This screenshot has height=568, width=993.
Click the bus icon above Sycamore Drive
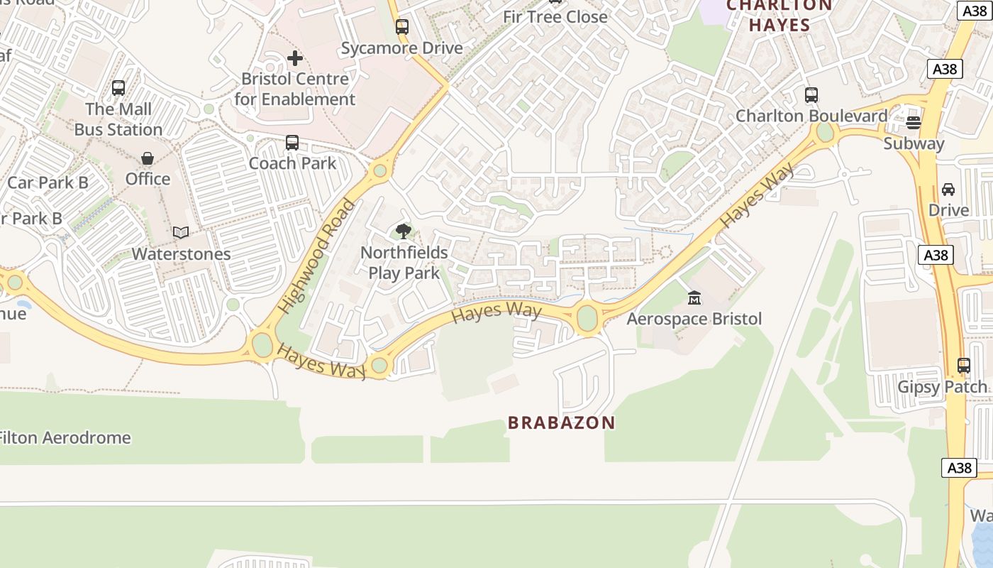[x=402, y=27]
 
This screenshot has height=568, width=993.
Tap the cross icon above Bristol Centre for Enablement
[x=295, y=58]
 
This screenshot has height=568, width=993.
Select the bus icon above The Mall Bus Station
[x=118, y=88]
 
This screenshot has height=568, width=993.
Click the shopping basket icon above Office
[x=148, y=158]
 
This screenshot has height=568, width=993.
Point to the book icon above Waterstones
[x=182, y=232]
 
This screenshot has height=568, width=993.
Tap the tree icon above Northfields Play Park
[x=404, y=231]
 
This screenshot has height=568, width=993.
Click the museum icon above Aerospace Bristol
[x=694, y=297]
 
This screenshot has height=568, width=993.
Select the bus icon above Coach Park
[x=292, y=142]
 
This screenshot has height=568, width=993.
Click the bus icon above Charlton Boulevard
[x=811, y=94]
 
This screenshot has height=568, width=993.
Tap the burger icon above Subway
[x=914, y=122]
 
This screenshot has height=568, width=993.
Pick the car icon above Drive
[x=948, y=189]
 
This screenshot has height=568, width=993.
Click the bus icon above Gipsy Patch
[x=963, y=366]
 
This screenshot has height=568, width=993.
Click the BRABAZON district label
[x=561, y=423]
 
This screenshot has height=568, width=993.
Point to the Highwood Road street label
[x=316, y=256]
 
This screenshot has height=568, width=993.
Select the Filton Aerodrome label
[x=65, y=437]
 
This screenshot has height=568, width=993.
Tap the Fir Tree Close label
[x=555, y=16]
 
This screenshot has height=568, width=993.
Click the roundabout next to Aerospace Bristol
[x=587, y=318]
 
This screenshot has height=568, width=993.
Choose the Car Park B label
[x=48, y=182]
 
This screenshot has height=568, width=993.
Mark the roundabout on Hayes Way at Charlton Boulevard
[x=825, y=132]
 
